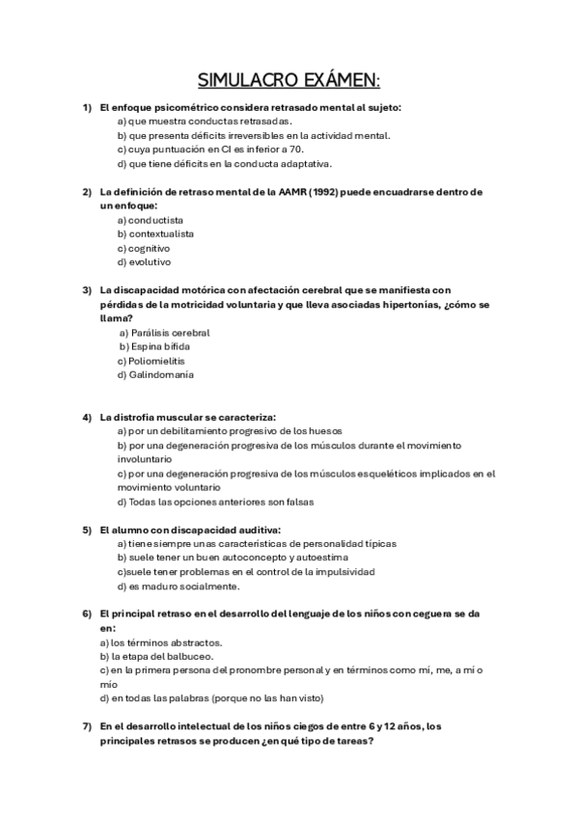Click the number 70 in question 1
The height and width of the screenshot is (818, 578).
(x=295, y=150)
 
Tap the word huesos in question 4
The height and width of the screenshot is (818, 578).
(x=323, y=430)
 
